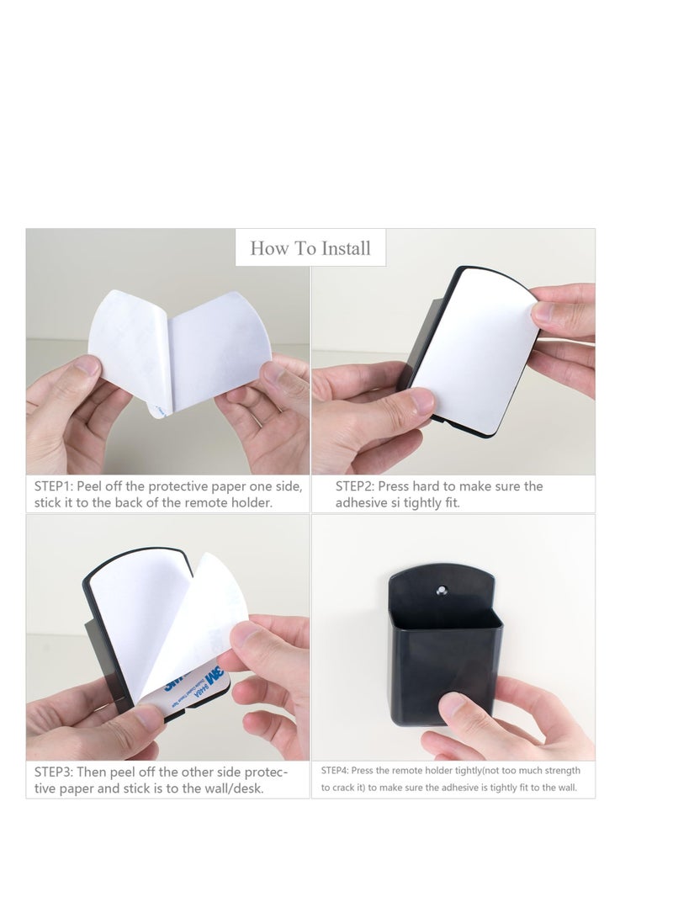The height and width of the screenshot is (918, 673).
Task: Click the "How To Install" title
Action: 310,248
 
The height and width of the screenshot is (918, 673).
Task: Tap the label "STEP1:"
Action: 53,486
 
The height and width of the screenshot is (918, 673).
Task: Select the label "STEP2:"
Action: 354,486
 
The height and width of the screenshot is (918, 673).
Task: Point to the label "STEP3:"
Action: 53,771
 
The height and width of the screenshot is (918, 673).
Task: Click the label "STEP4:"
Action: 334,771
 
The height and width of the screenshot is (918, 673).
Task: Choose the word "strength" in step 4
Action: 559,771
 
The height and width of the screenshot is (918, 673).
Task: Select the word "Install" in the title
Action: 343,248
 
